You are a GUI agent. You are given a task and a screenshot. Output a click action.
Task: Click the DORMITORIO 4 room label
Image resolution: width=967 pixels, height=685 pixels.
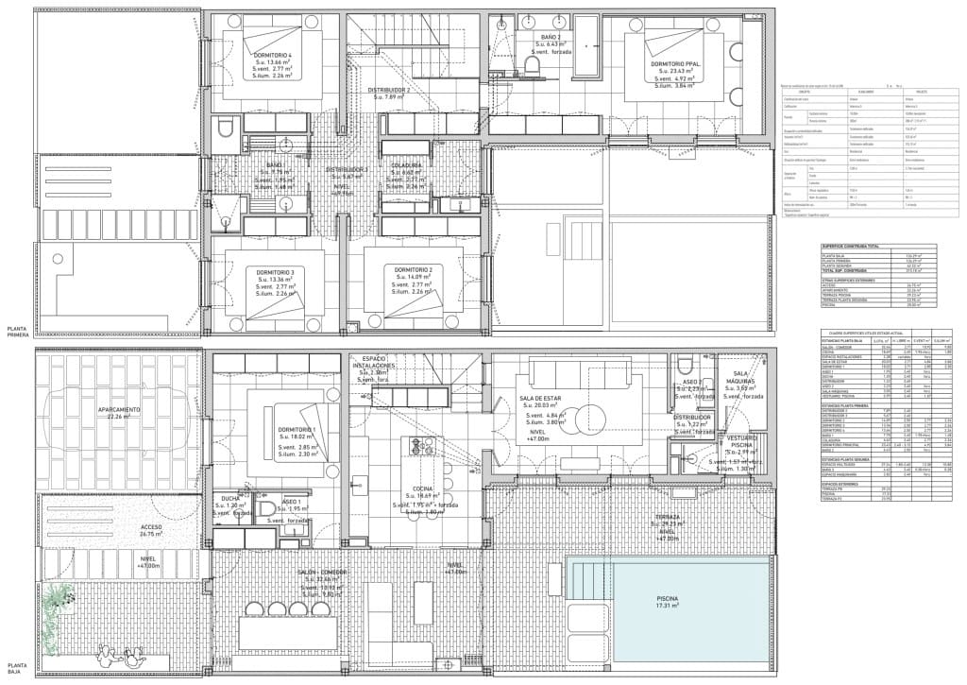tap(271, 54)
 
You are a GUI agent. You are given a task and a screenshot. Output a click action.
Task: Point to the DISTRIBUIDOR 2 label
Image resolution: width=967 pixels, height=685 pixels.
tap(388, 90)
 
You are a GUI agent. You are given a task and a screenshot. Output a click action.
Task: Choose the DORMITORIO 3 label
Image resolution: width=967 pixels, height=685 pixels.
tap(276, 273)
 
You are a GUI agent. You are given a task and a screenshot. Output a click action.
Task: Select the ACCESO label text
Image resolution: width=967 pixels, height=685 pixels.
tap(125, 527)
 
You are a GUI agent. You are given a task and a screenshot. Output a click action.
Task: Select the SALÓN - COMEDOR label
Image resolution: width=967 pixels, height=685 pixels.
tap(321, 573)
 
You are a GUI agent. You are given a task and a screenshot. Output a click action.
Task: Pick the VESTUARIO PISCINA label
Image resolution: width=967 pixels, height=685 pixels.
tap(739, 443)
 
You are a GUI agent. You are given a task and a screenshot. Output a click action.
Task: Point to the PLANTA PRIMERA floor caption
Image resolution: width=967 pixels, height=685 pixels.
tap(17, 331)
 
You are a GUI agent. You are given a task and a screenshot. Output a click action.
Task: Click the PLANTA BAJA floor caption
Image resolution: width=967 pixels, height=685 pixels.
tap(15, 669)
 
